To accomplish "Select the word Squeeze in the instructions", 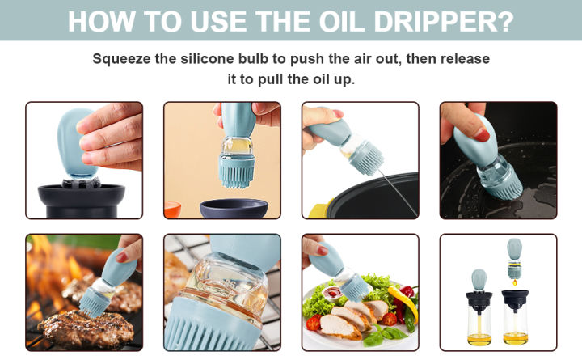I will (121, 59).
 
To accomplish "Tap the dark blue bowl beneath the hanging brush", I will (234, 209).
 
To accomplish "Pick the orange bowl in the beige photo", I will (171, 210).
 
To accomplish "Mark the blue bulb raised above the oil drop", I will (514, 249).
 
